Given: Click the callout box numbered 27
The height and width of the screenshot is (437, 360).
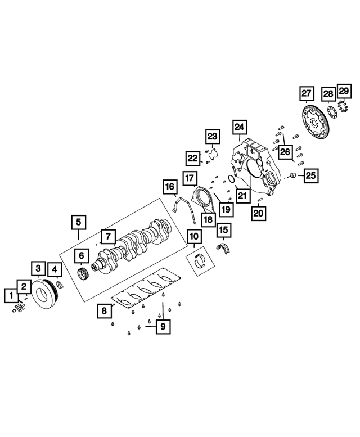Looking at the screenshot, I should tap(305, 93).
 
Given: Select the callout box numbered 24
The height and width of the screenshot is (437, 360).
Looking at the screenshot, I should tap(240, 127).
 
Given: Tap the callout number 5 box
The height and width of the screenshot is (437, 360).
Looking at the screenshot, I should tap(78, 222).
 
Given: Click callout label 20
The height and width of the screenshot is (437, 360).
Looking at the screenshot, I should tap(258, 213).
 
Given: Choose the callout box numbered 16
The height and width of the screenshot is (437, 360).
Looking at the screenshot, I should tap(169, 186).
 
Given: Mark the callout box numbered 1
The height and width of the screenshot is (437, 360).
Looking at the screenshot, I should tap(11, 294).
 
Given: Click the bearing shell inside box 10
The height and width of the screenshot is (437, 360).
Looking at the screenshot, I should tap(200, 260).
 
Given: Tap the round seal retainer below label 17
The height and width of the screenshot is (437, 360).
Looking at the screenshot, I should tap(201, 198).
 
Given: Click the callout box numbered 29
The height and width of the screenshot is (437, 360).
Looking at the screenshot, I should tap(343, 91).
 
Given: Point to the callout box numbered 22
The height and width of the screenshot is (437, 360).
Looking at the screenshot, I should tap(193, 158).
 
